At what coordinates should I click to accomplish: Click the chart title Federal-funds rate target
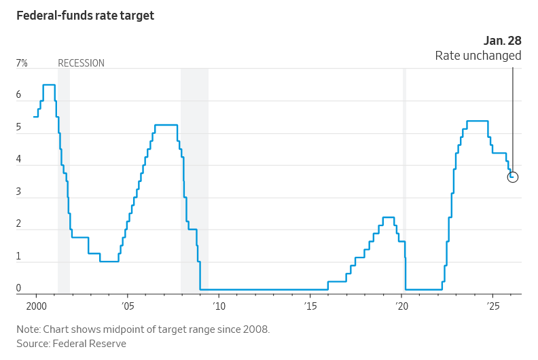(86, 16)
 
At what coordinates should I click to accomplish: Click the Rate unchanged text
(478, 56)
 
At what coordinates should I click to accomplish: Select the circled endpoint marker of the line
(513, 177)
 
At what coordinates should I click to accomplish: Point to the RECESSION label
(81, 63)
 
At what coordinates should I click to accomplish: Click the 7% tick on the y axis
(22, 63)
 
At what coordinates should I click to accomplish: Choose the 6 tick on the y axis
(19, 95)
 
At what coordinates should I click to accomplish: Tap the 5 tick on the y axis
(19, 128)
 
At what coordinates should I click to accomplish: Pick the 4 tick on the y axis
(19, 160)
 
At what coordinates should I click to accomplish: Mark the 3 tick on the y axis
(19, 192)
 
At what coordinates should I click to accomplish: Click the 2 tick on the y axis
(19, 224)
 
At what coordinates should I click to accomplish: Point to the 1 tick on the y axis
(19, 257)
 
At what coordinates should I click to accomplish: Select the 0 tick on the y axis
(19, 289)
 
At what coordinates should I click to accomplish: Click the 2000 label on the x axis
(36, 307)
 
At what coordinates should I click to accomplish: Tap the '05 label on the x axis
(128, 307)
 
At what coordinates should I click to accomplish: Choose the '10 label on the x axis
(219, 307)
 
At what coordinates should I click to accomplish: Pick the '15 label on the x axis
(310, 307)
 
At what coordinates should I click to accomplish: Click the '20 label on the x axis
(401, 307)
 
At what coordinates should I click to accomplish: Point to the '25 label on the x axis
(493, 307)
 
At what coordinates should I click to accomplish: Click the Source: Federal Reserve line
(71, 344)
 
